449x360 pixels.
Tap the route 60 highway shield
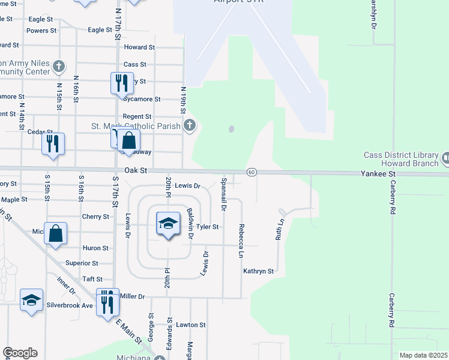[x=252, y=173]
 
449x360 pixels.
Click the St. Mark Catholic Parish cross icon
[x=190, y=125]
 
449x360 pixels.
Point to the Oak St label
[x=136, y=171]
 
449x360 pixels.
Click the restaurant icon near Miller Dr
[x=107, y=302]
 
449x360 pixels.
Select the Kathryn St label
[x=258, y=271]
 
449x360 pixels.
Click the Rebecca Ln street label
[x=241, y=241]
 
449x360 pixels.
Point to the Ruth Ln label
[x=279, y=228]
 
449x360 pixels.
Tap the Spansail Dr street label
[x=223, y=194]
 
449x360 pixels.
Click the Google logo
[x=20, y=353]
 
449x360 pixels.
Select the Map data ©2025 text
[x=423, y=355]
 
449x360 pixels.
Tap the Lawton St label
[x=191, y=325]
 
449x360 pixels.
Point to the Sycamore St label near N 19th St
[x=140, y=99]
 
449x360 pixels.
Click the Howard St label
[x=139, y=47]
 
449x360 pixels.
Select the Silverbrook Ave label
[x=70, y=305]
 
